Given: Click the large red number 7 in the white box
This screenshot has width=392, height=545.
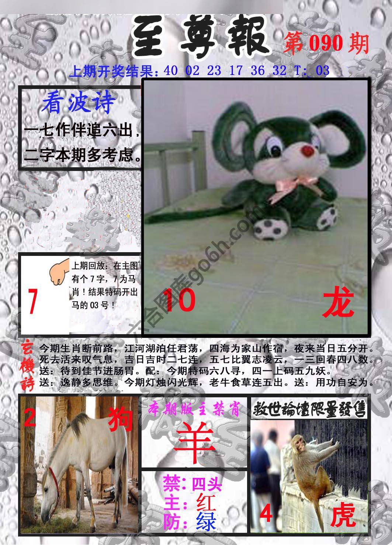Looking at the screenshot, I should (33, 302).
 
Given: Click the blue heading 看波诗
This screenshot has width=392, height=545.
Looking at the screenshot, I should (78, 103).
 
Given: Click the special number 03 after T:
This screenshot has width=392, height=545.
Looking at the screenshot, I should (322, 71).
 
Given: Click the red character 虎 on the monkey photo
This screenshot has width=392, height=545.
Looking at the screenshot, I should (343, 516).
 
